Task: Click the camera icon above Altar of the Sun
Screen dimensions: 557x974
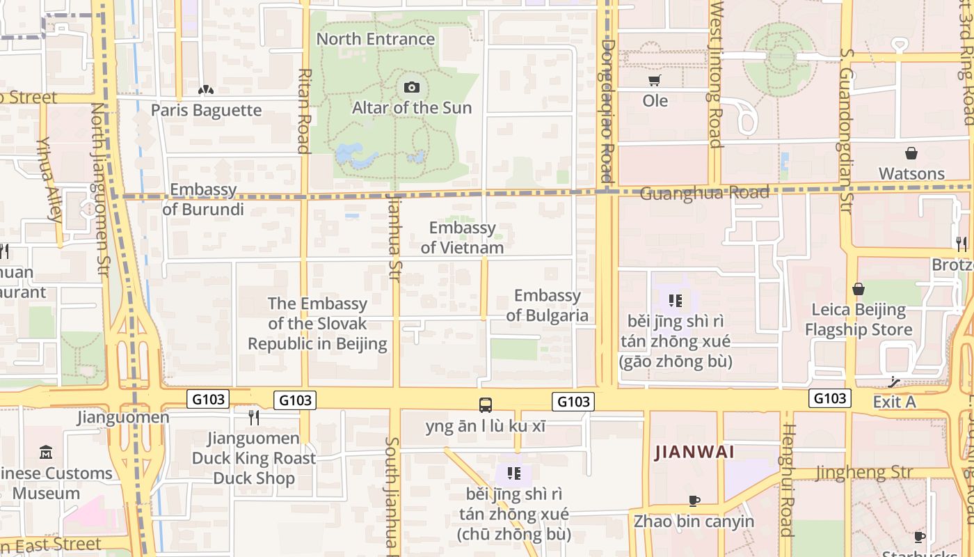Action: pos(412,87)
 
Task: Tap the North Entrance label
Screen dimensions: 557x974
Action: pos(376,39)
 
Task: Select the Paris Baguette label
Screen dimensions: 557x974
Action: pos(206,110)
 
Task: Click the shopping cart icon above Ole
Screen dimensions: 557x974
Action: pos(654,81)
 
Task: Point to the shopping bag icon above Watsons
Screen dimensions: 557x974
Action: pos(911,153)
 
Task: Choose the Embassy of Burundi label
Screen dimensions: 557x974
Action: pos(203,199)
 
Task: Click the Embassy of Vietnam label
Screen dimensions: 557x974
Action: pos(462,237)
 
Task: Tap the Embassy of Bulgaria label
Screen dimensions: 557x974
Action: pos(548,306)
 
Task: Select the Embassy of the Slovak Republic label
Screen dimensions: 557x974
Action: pos(317,324)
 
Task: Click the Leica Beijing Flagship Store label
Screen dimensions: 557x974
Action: pos(859,320)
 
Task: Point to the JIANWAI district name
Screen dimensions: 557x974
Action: pos(694,452)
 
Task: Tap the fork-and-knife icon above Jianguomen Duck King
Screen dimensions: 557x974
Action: pos(254,417)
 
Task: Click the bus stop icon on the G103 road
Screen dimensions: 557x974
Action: pos(486,405)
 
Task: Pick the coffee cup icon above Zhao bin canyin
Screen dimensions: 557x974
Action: pos(694,501)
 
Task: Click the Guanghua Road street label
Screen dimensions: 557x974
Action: pos(704,193)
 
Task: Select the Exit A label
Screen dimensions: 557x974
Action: pos(894,402)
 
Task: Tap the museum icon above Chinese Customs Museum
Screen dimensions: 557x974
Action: pos(46,452)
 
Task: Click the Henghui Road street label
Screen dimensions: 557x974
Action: pos(787,480)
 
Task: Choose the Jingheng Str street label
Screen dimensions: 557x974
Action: pos(863,473)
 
